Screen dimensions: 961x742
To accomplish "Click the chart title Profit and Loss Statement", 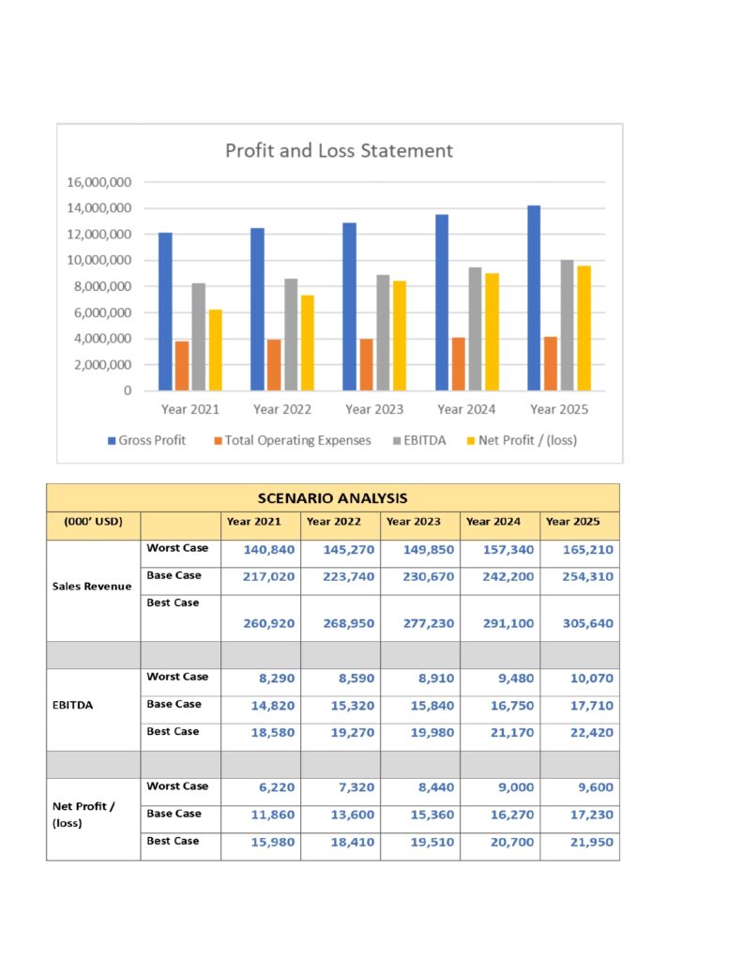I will [x=339, y=150].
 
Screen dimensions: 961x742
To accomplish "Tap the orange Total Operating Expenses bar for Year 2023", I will [x=366, y=364].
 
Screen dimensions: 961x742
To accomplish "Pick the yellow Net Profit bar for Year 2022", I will [x=308, y=343].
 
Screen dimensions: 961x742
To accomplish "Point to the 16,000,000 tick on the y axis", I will [x=98, y=182].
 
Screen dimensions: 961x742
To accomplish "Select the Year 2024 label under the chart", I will [x=466, y=409].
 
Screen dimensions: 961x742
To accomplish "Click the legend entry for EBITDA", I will [x=425, y=440].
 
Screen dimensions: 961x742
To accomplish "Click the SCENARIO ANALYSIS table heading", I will [x=332, y=497].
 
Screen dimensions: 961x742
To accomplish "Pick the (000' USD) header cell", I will [x=93, y=522].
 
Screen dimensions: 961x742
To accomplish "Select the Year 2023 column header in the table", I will [x=413, y=522].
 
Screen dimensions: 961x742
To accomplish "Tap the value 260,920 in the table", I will [x=268, y=622].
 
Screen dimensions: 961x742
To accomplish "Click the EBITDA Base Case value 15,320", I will [x=348, y=705].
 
